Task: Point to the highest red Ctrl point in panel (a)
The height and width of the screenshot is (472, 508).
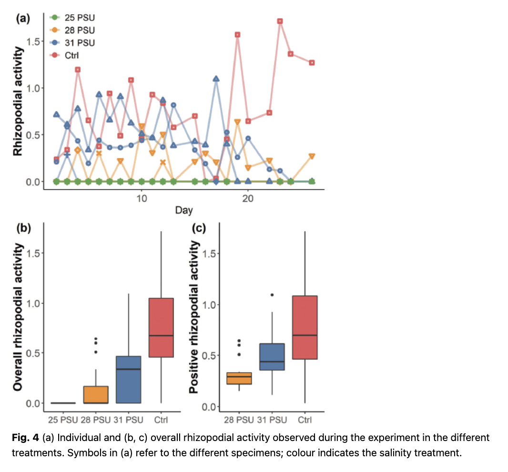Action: click(x=280, y=21)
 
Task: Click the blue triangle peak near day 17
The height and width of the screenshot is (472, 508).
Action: click(x=216, y=79)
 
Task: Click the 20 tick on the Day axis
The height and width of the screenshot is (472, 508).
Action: click(x=248, y=198)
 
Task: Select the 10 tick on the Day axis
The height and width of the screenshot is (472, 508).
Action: click(x=141, y=198)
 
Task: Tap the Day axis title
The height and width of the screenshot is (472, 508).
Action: click(x=184, y=210)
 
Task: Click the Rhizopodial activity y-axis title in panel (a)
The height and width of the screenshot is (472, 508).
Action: click(x=18, y=101)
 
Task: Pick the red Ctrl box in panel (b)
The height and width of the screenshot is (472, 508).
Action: click(x=161, y=327)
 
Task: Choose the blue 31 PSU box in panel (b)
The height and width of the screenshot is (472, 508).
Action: click(x=129, y=380)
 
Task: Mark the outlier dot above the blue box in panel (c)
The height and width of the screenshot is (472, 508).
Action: click(x=272, y=295)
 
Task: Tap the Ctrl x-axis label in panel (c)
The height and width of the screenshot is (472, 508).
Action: click(x=305, y=420)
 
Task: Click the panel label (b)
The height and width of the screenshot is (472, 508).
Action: click(x=23, y=227)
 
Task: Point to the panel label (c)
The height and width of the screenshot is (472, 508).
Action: click(x=198, y=228)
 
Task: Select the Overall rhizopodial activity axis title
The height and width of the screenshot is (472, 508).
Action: click(x=19, y=317)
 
